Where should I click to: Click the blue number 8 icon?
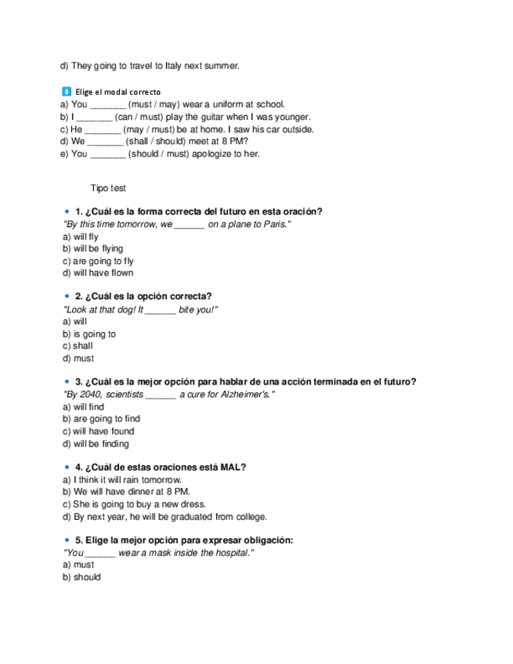click(x=66, y=92)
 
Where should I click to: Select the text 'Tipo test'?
click(x=108, y=188)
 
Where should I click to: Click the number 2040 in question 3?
click(x=89, y=395)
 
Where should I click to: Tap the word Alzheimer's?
click(x=243, y=395)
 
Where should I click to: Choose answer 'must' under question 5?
click(x=83, y=565)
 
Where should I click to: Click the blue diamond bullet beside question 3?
click(x=67, y=382)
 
